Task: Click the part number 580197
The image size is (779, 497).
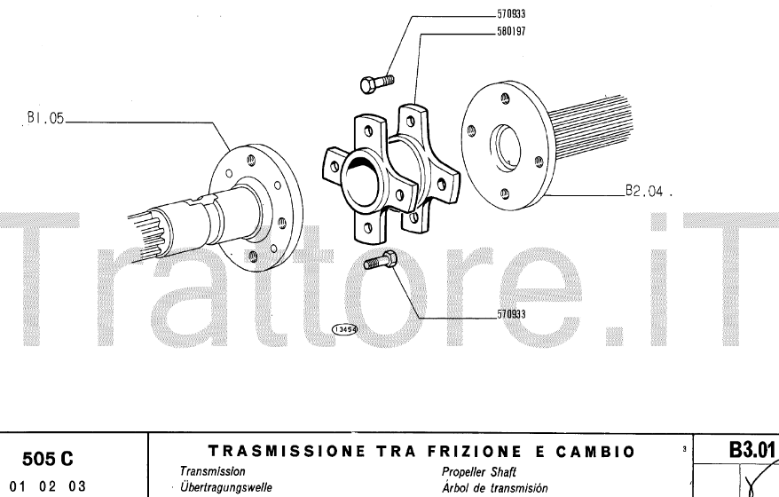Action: pyautogui.click(x=512, y=29)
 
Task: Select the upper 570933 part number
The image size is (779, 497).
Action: pyautogui.click(x=512, y=14)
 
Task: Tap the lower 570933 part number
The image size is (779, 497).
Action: pyautogui.click(x=512, y=314)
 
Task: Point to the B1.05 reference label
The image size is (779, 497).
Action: pyautogui.click(x=44, y=117)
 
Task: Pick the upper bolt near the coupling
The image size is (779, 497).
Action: pyautogui.click(x=376, y=81)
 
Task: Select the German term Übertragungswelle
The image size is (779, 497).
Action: pyautogui.click(x=225, y=487)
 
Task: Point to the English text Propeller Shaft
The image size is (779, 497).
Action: pyautogui.click(x=479, y=471)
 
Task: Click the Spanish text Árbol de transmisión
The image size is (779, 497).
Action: pyautogui.click(x=494, y=487)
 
